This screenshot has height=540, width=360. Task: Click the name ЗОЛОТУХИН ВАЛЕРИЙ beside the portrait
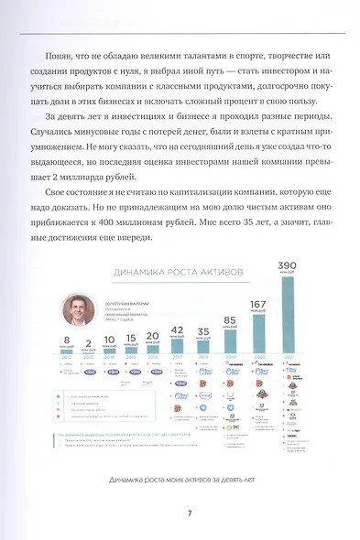click(130, 297)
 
